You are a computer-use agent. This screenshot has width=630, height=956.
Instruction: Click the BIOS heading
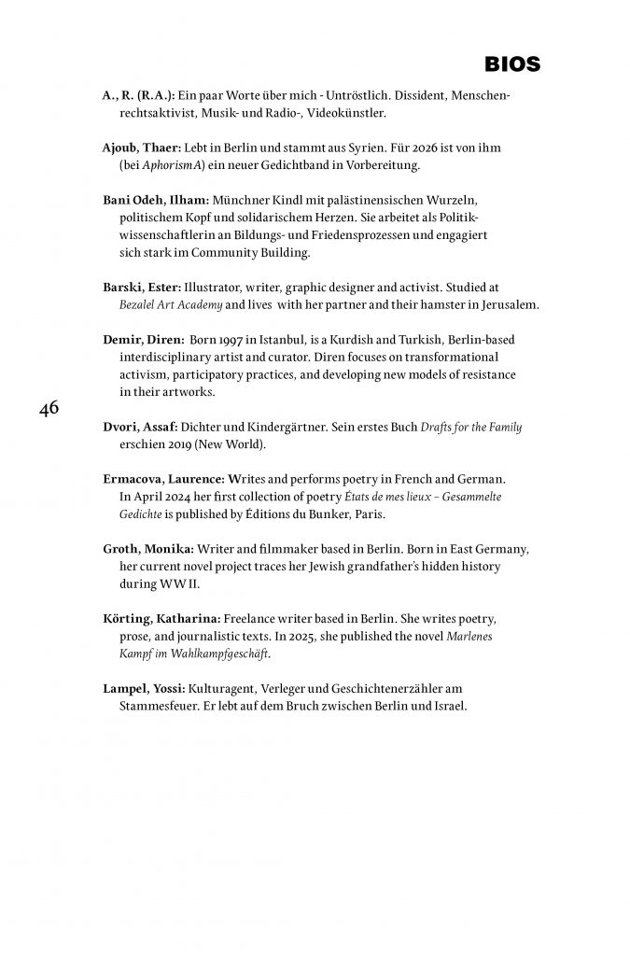point(512,63)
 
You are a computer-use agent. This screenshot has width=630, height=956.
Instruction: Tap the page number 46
point(49,409)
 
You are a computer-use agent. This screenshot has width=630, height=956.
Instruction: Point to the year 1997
point(231,340)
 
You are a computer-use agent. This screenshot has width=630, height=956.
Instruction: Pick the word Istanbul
point(282,340)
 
